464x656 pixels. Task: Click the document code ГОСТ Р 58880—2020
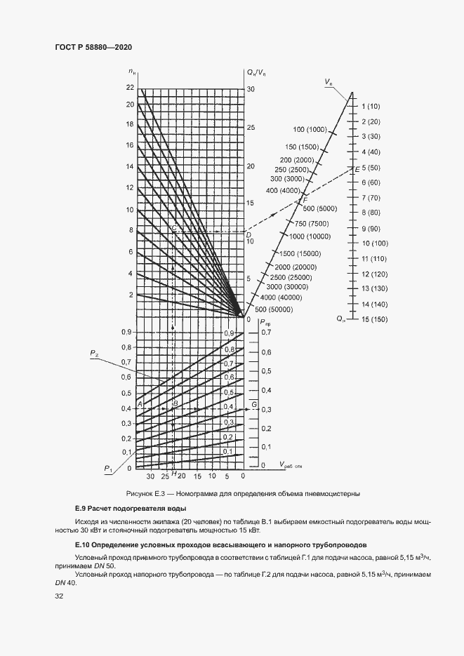(x=93, y=47)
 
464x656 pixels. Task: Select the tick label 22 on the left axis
(x=129, y=87)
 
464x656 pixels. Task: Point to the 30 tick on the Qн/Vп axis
(x=251, y=89)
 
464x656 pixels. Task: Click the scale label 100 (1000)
(x=311, y=130)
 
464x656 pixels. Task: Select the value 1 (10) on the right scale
(x=371, y=107)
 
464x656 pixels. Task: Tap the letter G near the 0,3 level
(x=253, y=404)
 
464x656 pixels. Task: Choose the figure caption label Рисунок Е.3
(x=149, y=493)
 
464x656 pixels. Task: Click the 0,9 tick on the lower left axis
(x=126, y=332)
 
